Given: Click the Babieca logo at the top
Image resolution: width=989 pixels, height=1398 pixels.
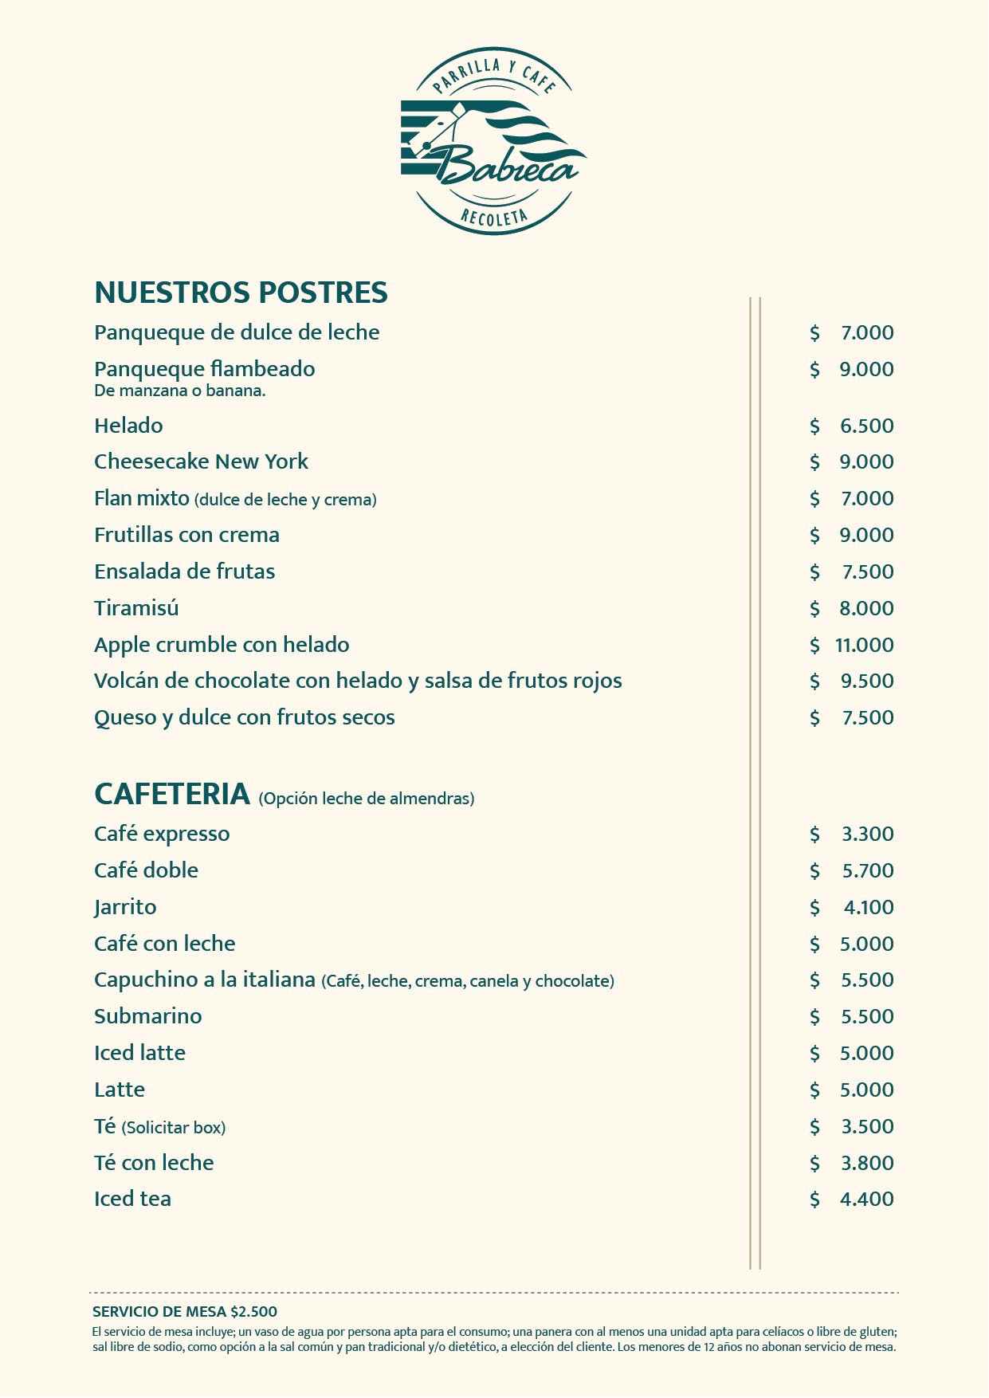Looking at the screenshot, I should [x=494, y=142].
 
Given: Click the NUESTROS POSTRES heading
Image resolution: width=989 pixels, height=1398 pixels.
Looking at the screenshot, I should [x=241, y=293].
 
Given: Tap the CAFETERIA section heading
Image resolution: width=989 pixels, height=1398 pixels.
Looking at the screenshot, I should [x=172, y=794].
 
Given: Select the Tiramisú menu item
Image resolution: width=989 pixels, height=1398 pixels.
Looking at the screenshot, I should [x=136, y=608].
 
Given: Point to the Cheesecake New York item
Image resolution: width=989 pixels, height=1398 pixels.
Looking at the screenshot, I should [x=201, y=461].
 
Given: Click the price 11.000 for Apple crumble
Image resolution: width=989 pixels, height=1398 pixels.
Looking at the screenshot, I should [x=864, y=645].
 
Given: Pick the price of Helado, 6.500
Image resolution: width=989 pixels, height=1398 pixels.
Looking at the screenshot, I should [x=866, y=426].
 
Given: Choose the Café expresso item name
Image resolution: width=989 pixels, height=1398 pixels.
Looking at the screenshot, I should [x=162, y=834].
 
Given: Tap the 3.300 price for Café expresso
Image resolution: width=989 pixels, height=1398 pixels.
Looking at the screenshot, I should [x=867, y=834].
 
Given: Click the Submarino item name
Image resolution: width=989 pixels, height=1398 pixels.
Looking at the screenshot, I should [x=147, y=1016].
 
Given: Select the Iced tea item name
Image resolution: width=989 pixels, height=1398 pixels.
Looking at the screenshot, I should [x=132, y=1199].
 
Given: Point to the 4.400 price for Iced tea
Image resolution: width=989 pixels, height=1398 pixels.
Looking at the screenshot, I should [x=866, y=1199].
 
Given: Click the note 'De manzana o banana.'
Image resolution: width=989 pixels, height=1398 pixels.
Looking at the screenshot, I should [x=179, y=391].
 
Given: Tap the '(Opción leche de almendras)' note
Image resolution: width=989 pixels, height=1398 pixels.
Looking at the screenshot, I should [x=367, y=799].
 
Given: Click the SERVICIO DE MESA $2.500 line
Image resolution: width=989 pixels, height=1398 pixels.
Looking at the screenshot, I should [x=185, y=1311].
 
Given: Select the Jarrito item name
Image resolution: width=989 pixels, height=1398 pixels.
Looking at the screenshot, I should [x=125, y=907].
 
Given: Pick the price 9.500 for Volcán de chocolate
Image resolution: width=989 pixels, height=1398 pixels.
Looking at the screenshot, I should [x=866, y=681].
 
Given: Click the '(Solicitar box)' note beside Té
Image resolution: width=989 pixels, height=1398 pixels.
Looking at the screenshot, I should [x=174, y=1128].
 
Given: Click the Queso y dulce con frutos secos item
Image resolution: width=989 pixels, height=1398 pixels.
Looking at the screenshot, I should [x=244, y=717].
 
